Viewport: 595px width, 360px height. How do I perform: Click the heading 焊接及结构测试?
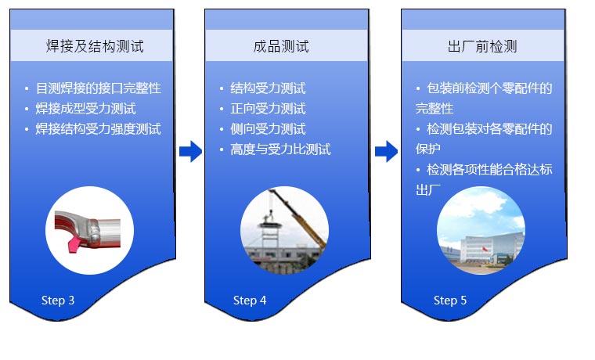95,46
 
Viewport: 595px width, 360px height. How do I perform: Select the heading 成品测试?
281,46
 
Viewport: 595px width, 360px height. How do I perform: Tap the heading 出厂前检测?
482,46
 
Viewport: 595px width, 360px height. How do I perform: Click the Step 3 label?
58,301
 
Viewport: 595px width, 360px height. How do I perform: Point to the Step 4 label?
250,301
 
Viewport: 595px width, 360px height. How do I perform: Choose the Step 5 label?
450,301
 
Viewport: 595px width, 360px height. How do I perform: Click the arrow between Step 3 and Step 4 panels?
190,151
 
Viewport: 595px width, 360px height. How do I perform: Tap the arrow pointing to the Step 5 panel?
386,151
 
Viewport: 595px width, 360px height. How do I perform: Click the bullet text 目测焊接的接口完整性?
99,88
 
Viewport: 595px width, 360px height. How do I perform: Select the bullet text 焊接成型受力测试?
86,109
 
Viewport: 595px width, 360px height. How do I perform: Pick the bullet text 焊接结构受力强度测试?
99,129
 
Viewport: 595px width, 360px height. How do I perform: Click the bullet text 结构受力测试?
268,88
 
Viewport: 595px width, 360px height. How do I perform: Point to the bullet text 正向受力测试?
268,109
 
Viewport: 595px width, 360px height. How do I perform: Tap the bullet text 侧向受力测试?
268,129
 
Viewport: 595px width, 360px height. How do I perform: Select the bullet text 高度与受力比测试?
280,149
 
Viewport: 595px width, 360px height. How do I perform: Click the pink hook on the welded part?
74,244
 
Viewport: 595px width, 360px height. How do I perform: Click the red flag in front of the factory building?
485,249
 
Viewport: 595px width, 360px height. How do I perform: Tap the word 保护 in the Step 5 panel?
427,149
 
